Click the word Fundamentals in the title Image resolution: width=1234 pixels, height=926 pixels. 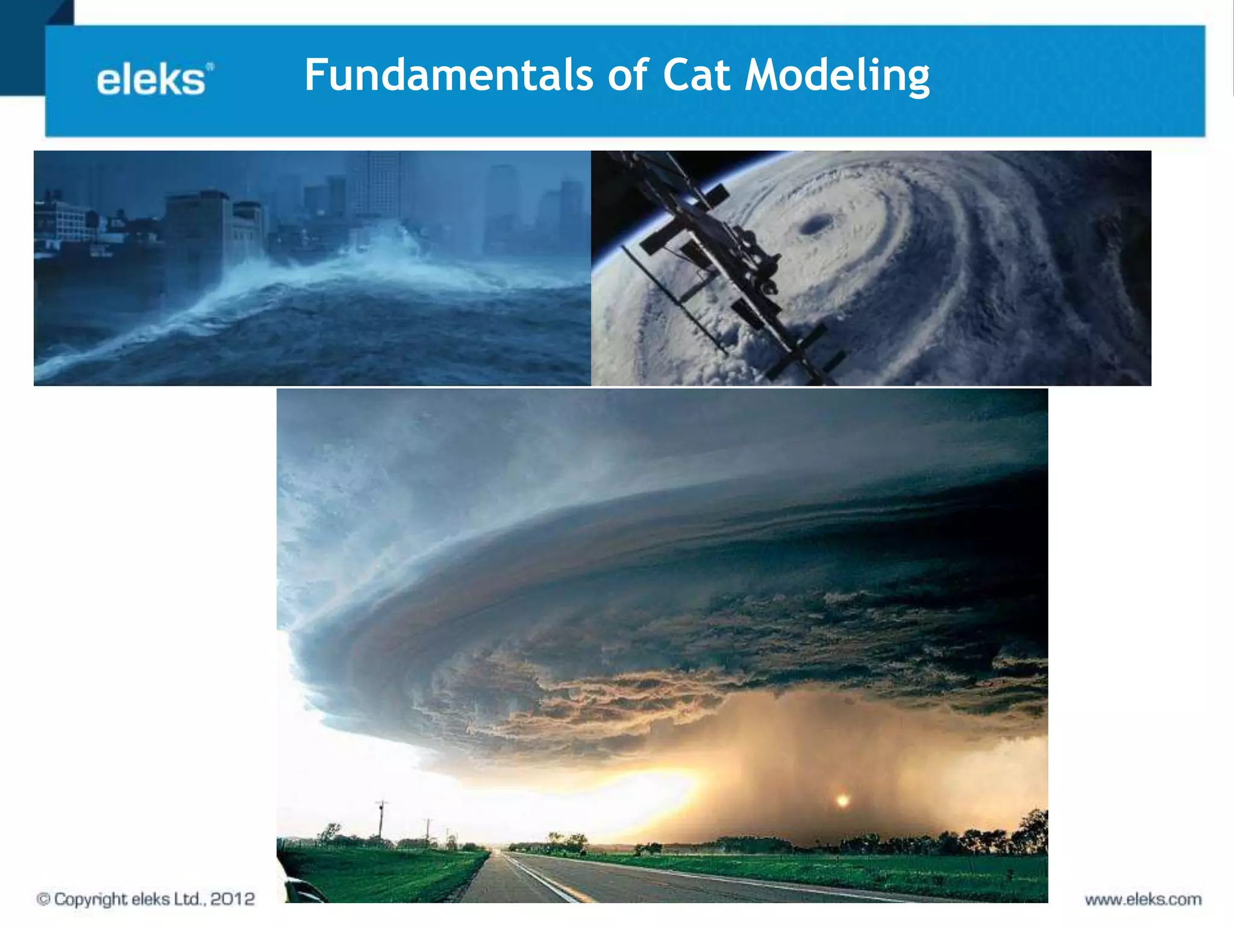(x=448, y=75)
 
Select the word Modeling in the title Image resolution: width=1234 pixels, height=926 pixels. (x=837, y=77)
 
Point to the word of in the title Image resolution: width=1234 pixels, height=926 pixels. (x=628, y=75)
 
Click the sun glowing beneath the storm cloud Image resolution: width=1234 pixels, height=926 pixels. (x=842, y=801)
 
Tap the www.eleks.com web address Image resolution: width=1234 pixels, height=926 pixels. (x=1142, y=899)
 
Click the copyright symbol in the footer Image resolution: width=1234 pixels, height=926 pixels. (x=43, y=899)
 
